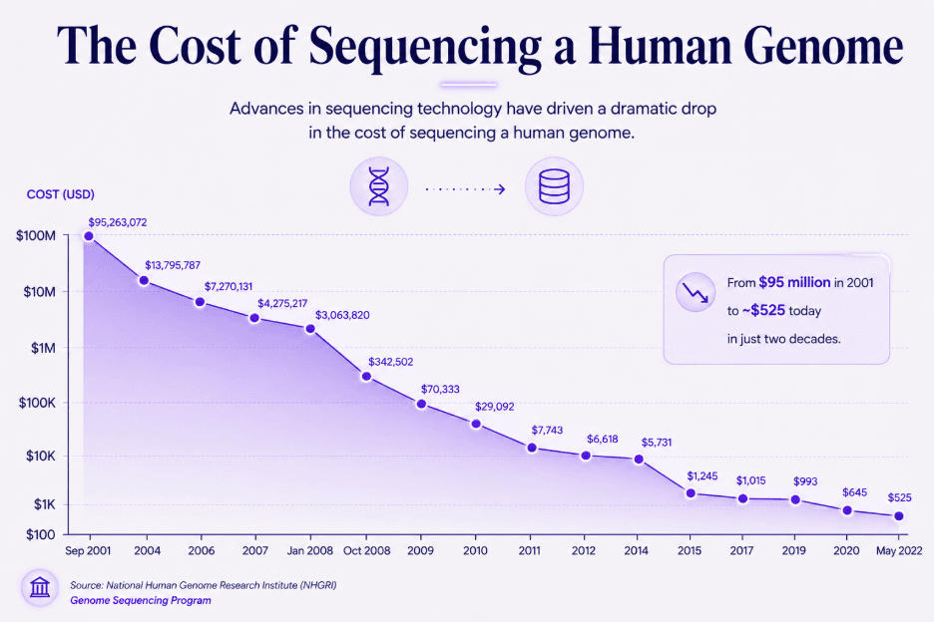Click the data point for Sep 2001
pos(89,236)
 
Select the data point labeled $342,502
pos(366,376)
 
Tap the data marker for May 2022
pos(899,516)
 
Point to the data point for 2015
pos(691,492)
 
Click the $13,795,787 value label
pos(173,265)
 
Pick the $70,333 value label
pos(440,390)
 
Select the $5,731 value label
pos(657,443)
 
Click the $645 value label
pos(855,492)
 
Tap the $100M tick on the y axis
pos(36,235)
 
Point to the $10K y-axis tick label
pos(41,456)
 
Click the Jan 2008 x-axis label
pos(309,550)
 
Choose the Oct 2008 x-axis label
pos(367,550)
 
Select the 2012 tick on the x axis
pos(583,550)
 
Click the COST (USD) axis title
pos(61,194)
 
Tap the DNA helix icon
pos(379,186)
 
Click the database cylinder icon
pos(554,186)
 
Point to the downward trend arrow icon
pos(696,292)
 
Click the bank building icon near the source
pos(40,587)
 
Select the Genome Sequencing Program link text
pos(141,601)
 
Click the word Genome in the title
pos(823,47)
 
